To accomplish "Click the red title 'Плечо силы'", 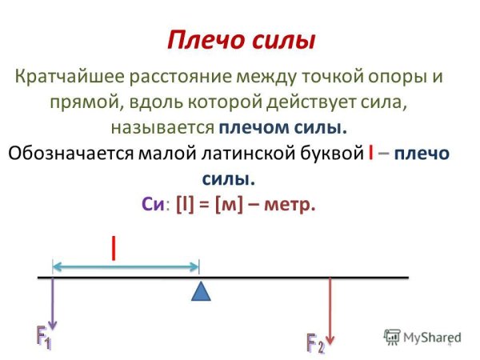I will coord(241,40).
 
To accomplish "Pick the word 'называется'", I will coord(163,127).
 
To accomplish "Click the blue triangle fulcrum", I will coord(201,290).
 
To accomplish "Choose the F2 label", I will coord(315,345).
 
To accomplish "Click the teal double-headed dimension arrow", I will coord(126,266).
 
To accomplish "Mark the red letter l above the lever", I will coord(114,248).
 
